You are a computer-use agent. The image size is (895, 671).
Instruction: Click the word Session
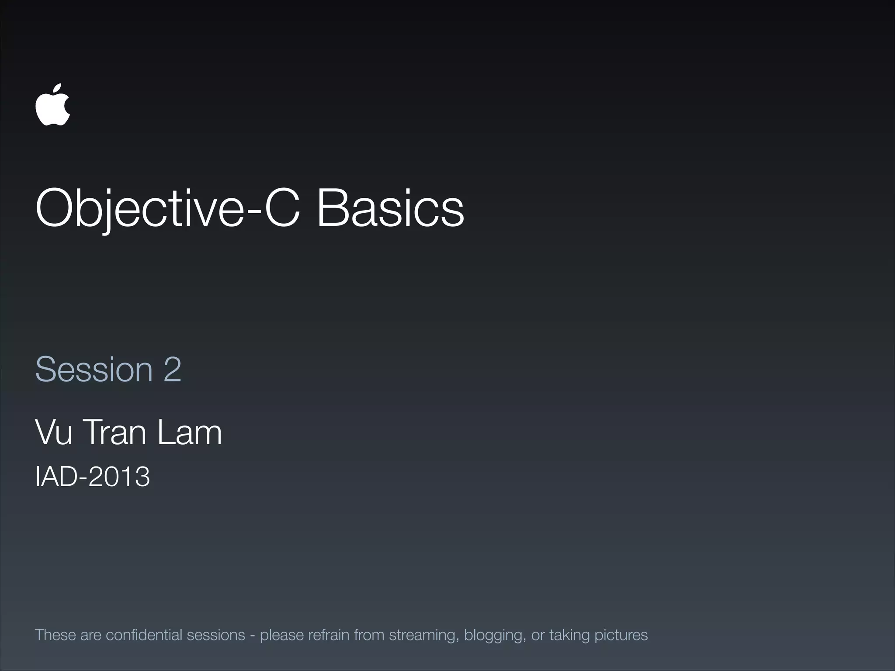click(94, 370)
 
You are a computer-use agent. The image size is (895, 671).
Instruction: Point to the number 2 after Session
click(172, 370)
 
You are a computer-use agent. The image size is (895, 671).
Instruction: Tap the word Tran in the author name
click(114, 432)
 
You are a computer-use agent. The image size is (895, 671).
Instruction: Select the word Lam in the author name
click(189, 432)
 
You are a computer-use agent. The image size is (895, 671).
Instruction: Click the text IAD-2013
click(93, 476)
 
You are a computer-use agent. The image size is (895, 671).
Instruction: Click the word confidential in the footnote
click(144, 635)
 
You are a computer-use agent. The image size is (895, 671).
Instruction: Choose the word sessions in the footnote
click(216, 635)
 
